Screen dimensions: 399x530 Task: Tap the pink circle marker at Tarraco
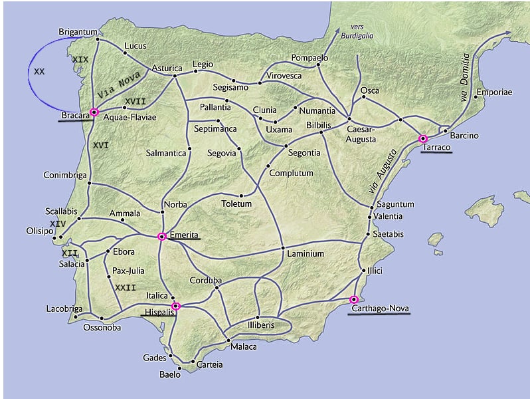tap(423, 139)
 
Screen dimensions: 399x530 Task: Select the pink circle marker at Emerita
tap(161, 236)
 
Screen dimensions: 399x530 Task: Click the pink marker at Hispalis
tap(175, 306)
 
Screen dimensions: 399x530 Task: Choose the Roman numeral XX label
tap(39, 71)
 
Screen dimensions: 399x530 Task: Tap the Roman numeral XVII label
tap(135, 101)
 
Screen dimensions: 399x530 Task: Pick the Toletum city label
tap(236, 203)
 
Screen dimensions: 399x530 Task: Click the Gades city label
tap(155, 358)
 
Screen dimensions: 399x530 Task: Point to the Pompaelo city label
tap(310, 58)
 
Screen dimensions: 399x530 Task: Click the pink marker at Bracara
tap(94, 112)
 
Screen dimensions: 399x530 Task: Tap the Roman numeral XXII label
tap(126, 287)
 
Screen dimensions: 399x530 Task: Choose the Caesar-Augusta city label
tap(361, 135)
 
